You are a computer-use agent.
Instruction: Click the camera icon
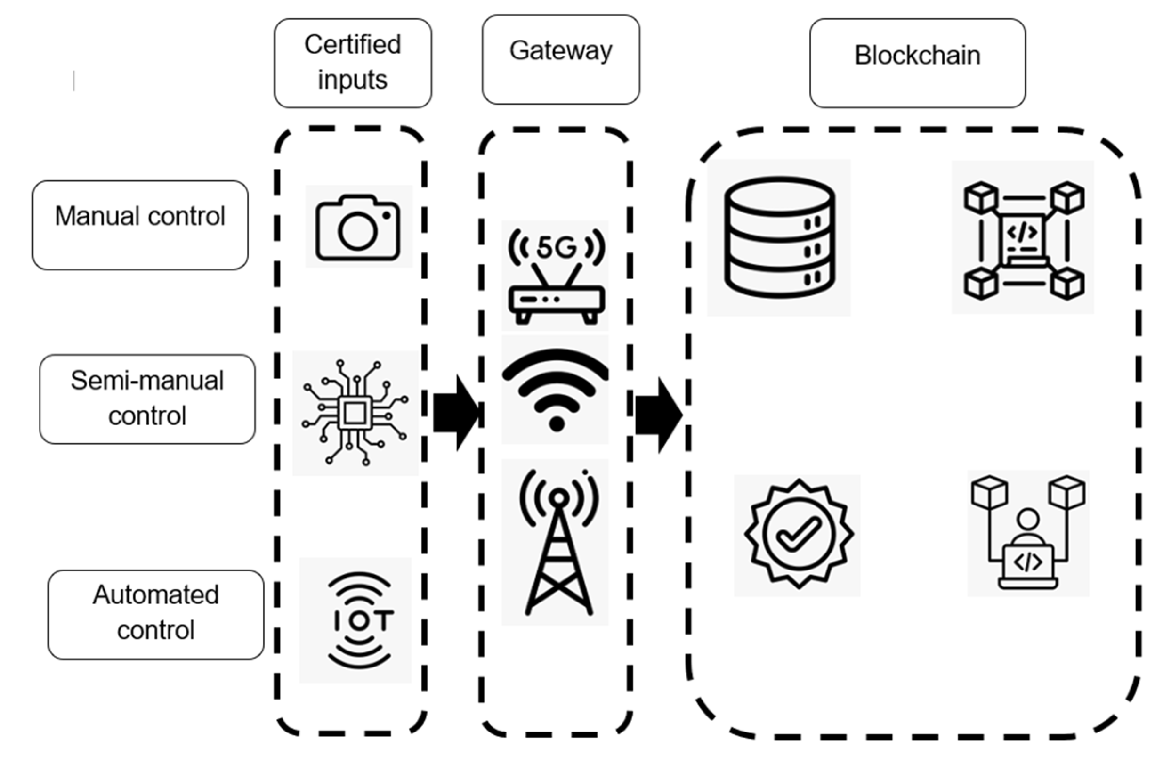coord(358,228)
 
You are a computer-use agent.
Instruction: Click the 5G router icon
coord(556,276)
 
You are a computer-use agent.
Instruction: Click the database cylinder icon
coord(779,237)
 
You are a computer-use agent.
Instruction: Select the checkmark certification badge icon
coord(799,534)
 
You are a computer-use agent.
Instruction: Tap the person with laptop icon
coord(1028,534)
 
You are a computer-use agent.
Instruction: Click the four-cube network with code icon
coord(1023,239)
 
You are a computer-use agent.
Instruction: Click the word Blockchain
coord(917,56)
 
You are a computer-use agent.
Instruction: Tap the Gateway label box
coord(560,60)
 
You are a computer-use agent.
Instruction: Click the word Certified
coord(353,45)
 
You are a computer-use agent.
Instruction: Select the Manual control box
coord(140,225)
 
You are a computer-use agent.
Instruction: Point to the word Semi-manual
coord(147,381)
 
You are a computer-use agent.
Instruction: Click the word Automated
coord(156,595)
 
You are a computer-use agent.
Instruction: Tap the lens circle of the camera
coord(357,231)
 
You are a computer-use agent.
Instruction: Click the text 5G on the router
coord(556,247)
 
